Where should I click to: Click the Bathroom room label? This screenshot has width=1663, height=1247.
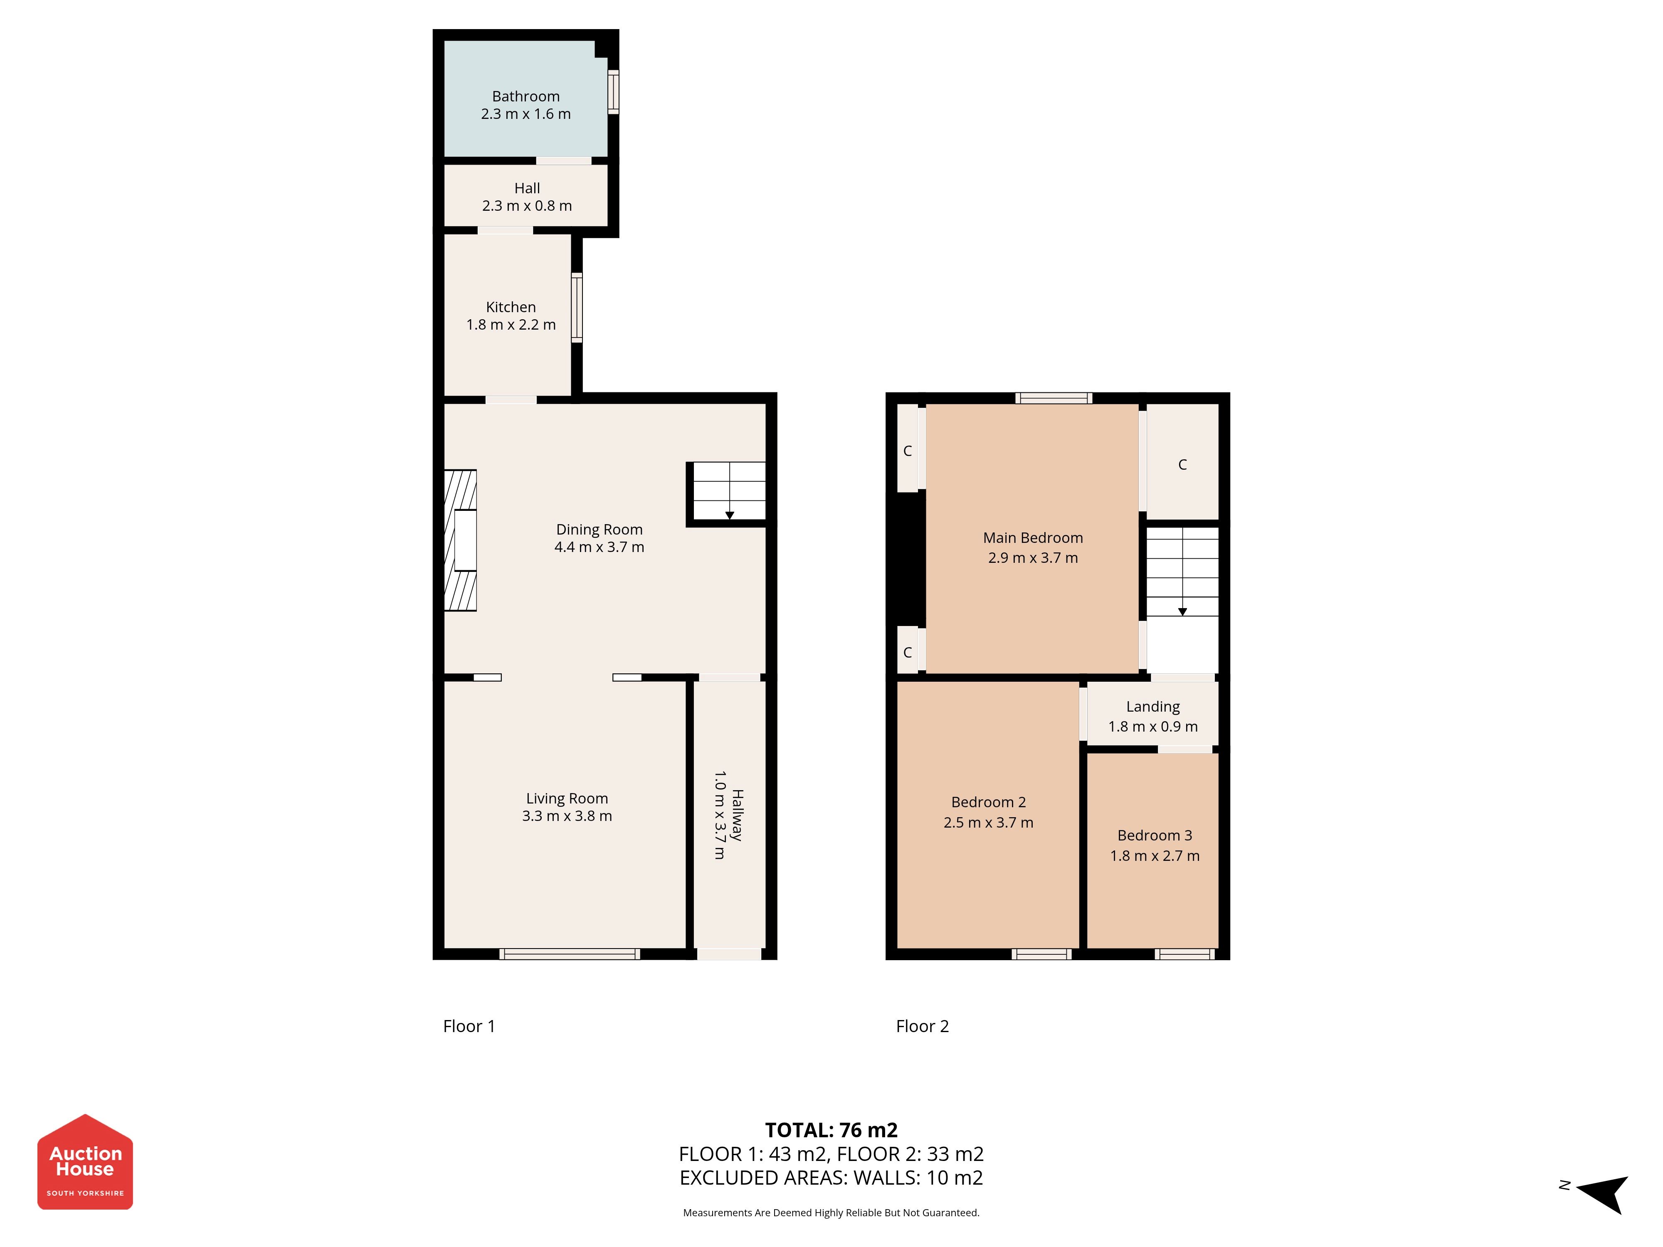pos(526,96)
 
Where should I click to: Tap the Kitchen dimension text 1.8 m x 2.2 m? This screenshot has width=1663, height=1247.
pos(511,325)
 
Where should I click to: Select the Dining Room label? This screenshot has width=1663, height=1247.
pos(599,529)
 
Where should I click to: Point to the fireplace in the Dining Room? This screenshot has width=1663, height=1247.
pos(460,540)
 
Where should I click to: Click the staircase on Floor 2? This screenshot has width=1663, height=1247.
pos(1182,571)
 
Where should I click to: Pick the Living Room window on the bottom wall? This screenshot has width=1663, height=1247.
pos(570,954)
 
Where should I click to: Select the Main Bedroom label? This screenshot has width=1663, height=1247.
pos(1033,537)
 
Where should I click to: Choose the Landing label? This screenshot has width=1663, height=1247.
pos(1152,707)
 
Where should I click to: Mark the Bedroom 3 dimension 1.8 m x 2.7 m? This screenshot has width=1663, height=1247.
pos(1155,855)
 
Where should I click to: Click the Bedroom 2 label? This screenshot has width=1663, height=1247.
pos(989,802)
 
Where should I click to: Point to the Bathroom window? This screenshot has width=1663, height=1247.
pos(614,92)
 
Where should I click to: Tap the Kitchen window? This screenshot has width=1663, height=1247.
pos(577,308)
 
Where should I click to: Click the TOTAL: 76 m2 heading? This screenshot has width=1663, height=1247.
pos(831,1130)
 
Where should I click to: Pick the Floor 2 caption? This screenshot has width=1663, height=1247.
pos(923,1026)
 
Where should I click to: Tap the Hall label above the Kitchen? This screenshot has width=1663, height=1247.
pos(527,188)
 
